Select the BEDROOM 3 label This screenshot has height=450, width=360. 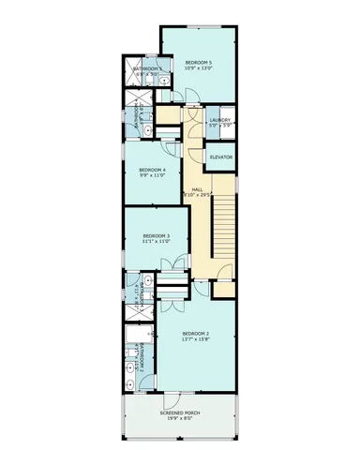click(x=156, y=235)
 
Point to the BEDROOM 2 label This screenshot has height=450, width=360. click(x=196, y=334)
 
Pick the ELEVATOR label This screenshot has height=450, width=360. click(x=221, y=157)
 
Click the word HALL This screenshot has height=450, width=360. click(x=198, y=189)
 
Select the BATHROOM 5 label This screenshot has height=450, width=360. click(x=147, y=68)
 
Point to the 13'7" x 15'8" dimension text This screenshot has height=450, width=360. click(x=196, y=340)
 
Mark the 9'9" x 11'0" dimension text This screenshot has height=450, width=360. click(x=152, y=174)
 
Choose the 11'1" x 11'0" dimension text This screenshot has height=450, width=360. click(x=156, y=242)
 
